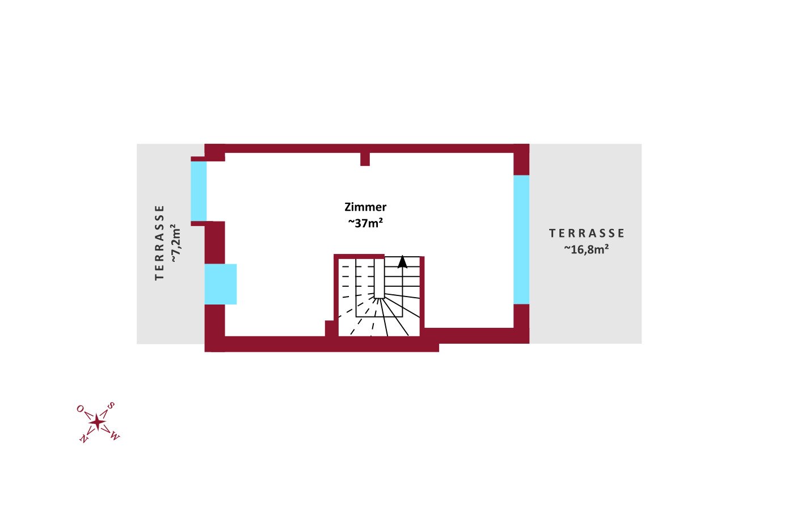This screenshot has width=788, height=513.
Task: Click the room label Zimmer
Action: coord(365,207)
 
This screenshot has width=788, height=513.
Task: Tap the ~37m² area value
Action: coord(365,223)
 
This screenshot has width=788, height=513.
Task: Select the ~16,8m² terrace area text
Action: coord(586,249)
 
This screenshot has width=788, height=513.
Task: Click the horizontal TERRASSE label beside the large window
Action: coord(587,233)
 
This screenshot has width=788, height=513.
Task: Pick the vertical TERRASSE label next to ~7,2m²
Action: coord(159,242)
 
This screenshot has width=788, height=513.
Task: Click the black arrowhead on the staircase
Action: coord(402,262)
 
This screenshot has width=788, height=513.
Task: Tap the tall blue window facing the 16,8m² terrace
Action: coord(521,239)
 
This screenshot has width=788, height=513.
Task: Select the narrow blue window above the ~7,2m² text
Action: coord(199,191)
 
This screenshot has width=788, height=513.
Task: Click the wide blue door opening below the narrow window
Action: coord(220,284)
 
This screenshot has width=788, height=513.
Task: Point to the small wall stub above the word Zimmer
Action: coord(365,159)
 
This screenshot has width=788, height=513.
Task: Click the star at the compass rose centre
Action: coord(98,422)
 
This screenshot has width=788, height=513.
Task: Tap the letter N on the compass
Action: coord(83,439)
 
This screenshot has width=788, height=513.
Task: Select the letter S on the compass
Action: coord(111,406)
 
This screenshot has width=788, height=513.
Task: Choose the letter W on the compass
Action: coord(115,436)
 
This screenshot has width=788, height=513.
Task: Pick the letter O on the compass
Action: coord(80,408)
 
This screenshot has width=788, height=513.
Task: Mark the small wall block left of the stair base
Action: coord(330,328)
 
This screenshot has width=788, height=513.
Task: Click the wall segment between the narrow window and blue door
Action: coord(214,243)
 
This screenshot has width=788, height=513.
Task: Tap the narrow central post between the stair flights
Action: coord(379,278)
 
